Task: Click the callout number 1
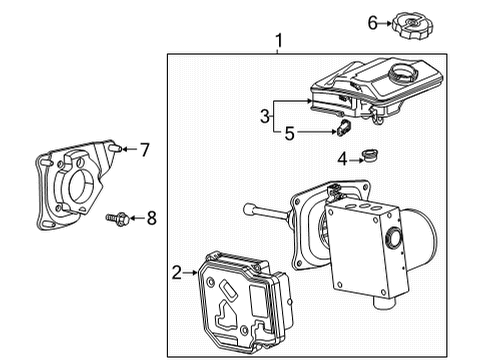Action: [x=279, y=41]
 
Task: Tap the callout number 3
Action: [x=266, y=116]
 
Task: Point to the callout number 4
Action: [x=340, y=157]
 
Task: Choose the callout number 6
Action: [x=372, y=21]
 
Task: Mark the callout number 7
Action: [x=145, y=150]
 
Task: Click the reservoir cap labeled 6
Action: [x=413, y=23]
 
